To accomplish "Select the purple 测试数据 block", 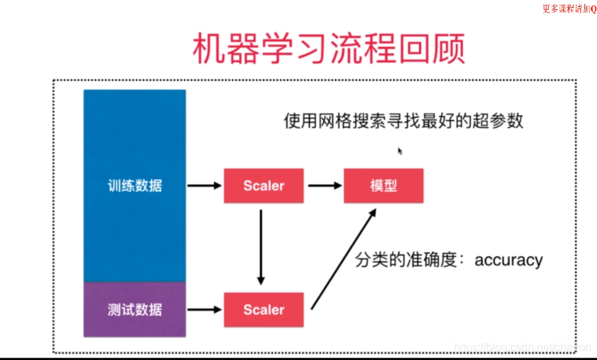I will point(135,309).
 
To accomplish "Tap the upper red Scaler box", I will point(263,186).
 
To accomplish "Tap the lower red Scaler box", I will point(263,310).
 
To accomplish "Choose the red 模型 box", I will point(383,186).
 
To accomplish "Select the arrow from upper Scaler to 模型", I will point(323,186).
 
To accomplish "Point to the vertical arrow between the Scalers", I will point(261,246).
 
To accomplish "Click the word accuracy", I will point(509,261).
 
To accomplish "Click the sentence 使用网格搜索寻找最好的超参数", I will point(403,121).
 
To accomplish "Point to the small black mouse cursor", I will point(400,151).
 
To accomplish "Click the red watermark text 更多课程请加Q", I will point(569,8).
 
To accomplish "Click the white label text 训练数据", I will point(135,186).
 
